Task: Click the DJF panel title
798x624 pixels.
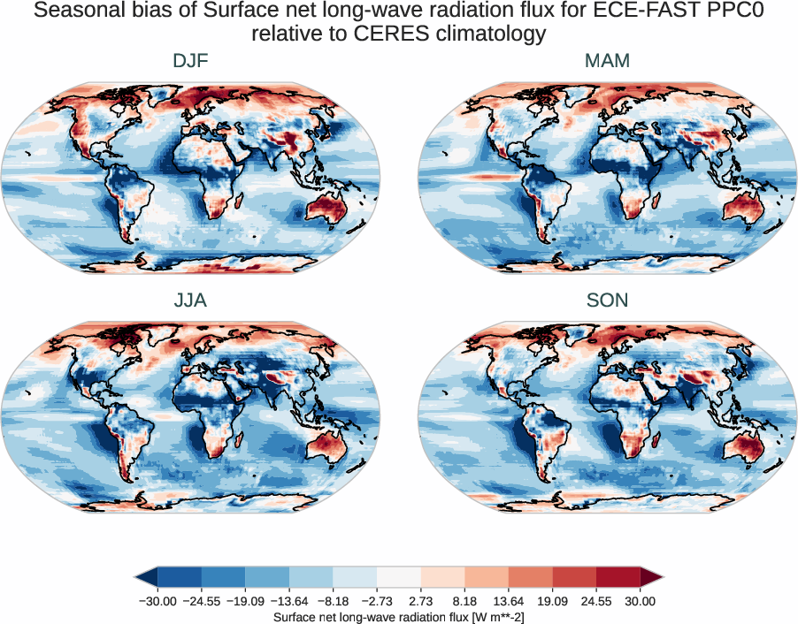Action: tap(190, 61)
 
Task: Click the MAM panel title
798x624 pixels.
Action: tap(607, 61)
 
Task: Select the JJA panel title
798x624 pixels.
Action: tap(190, 301)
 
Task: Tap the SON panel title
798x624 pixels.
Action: tap(607, 301)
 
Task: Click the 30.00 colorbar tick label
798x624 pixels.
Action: tap(641, 601)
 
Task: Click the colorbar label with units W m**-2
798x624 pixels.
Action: tap(398, 616)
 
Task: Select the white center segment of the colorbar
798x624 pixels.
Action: tap(398, 577)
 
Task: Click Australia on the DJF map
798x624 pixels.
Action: tap(322, 209)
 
